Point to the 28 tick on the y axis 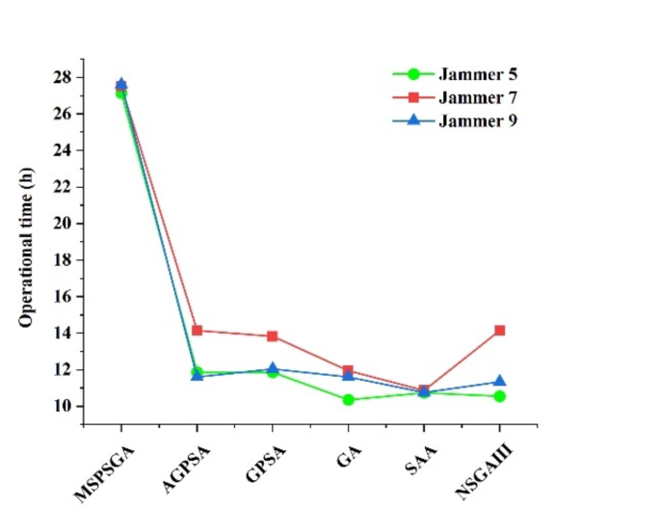tap(64, 77)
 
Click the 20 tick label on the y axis tap(64, 224)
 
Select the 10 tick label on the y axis tap(64, 406)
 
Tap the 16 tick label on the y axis tap(64, 297)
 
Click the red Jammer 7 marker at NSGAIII tap(500, 331)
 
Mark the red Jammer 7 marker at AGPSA tap(198, 331)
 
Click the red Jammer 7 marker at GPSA tap(273, 336)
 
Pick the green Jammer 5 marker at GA tap(348, 399)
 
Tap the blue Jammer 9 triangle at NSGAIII tap(500, 381)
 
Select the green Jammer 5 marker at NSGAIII tap(500, 396)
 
